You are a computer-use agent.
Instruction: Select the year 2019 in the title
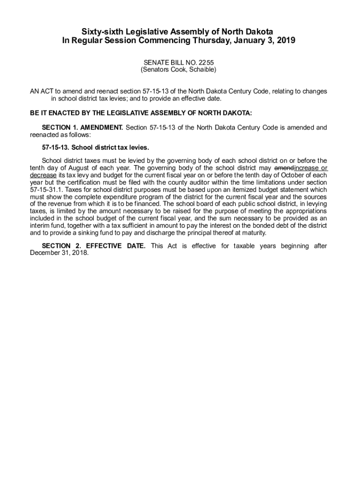coord(286,41)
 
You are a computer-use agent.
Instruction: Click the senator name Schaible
coord(201,70)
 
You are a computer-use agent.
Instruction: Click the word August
coord(75,168)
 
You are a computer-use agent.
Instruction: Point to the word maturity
coord(252,233)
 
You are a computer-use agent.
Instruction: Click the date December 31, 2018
coord(59,253)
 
